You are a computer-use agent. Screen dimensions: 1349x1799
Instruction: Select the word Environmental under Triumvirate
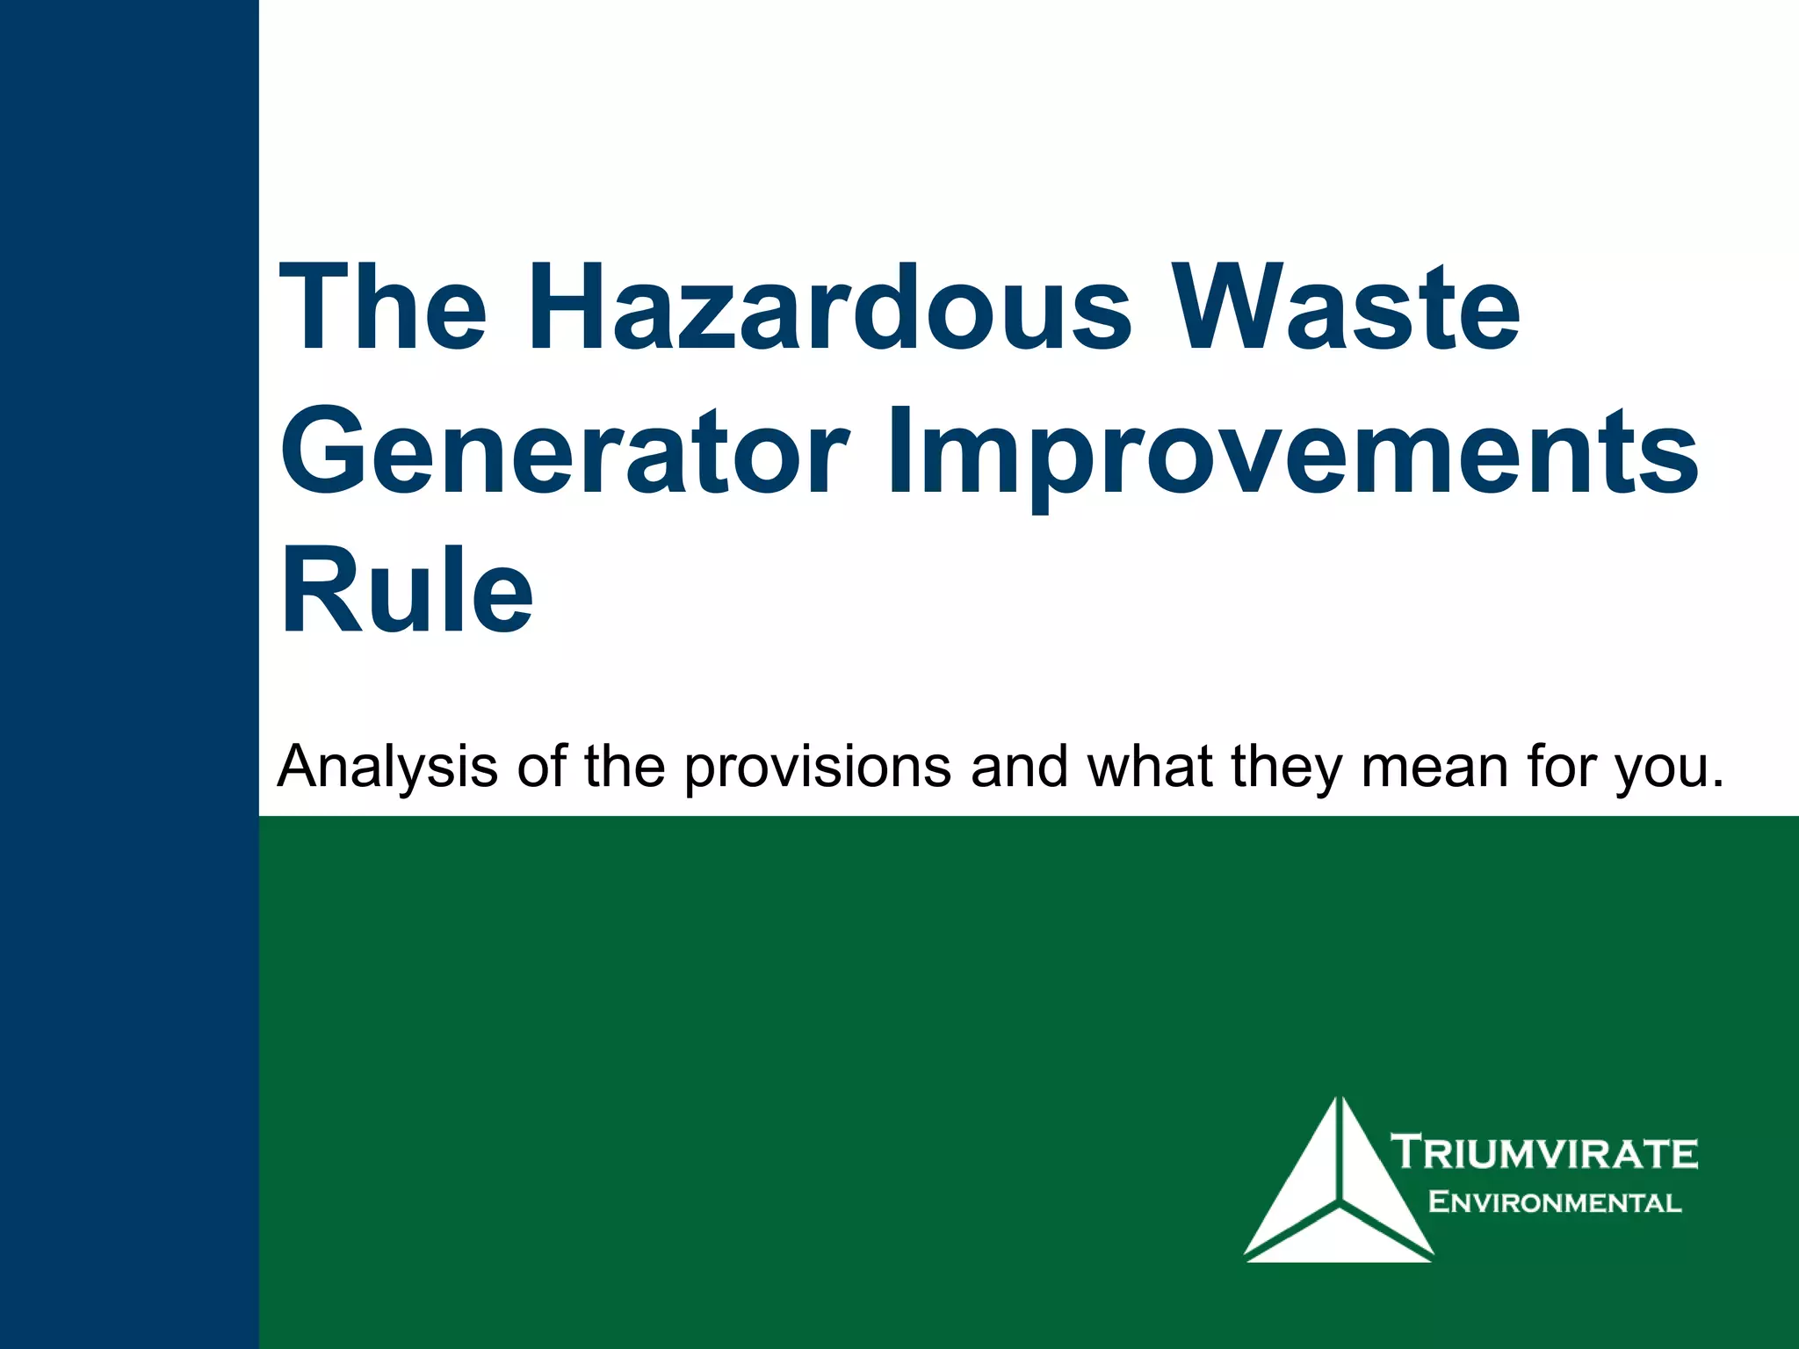click(1555, 1202)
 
